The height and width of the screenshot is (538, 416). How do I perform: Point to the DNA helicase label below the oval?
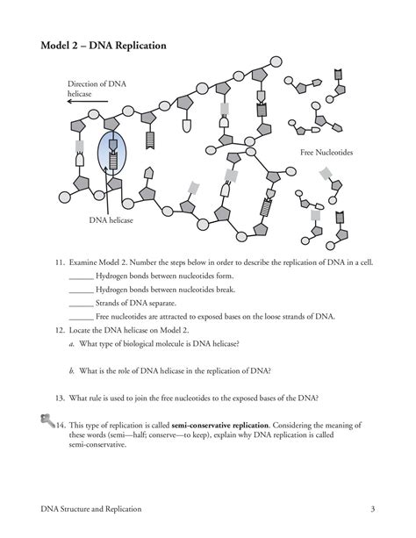pyautogui.click(x=110, y=220)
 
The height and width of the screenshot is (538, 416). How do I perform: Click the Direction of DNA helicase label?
pyautogui.click(x=97, y=88)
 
